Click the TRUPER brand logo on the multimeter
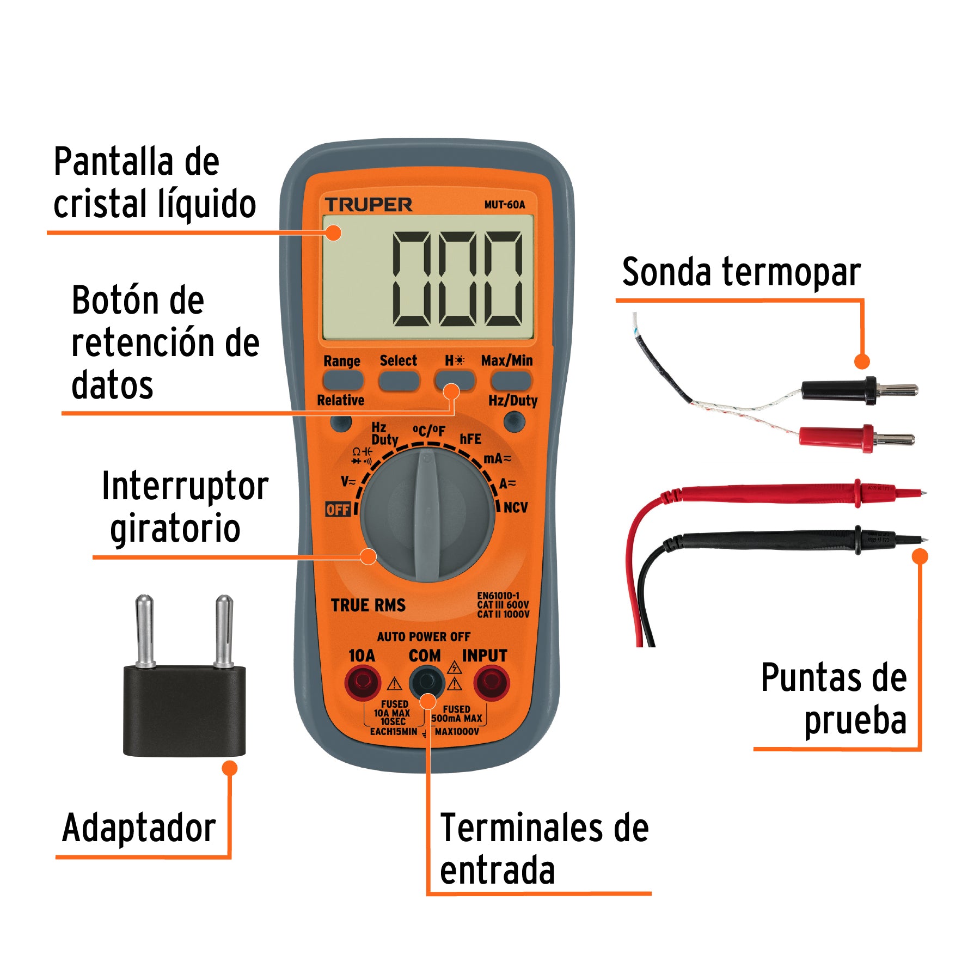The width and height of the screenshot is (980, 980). click(369, 205)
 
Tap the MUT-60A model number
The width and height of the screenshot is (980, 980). click(504, 205)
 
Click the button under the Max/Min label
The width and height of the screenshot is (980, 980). click(510, 381)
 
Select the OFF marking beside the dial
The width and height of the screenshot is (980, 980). click(338, 510)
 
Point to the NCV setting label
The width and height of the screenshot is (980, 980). click(515, 507)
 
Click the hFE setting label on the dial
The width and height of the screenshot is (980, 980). click(470, 439)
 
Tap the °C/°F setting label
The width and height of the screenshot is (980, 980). click(428, 431)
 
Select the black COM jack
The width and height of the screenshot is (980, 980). click(427, 682)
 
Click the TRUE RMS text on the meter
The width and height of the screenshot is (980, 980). click(368, 605)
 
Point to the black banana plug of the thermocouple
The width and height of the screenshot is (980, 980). click(838, 390)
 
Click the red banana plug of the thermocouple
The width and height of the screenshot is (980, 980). click(837, 437)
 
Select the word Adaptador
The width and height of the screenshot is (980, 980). click(139, 828)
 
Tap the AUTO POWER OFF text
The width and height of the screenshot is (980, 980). click(424, 636)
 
